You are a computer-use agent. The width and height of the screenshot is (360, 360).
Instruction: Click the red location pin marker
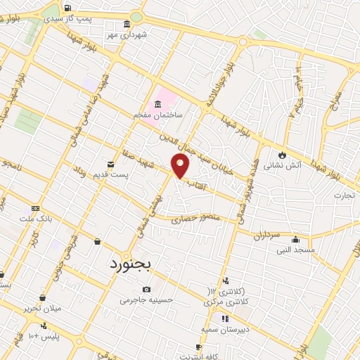point(181,166)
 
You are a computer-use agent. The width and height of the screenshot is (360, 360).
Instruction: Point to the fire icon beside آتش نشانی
point(281,154)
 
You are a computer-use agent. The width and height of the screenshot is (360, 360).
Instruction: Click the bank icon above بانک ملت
point(35,208)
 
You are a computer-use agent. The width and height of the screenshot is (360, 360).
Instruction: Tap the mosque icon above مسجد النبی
point(295,239)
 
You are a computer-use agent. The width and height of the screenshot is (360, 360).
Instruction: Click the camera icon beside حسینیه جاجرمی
point(146,289)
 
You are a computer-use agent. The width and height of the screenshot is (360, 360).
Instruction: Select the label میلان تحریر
point(41,308)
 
